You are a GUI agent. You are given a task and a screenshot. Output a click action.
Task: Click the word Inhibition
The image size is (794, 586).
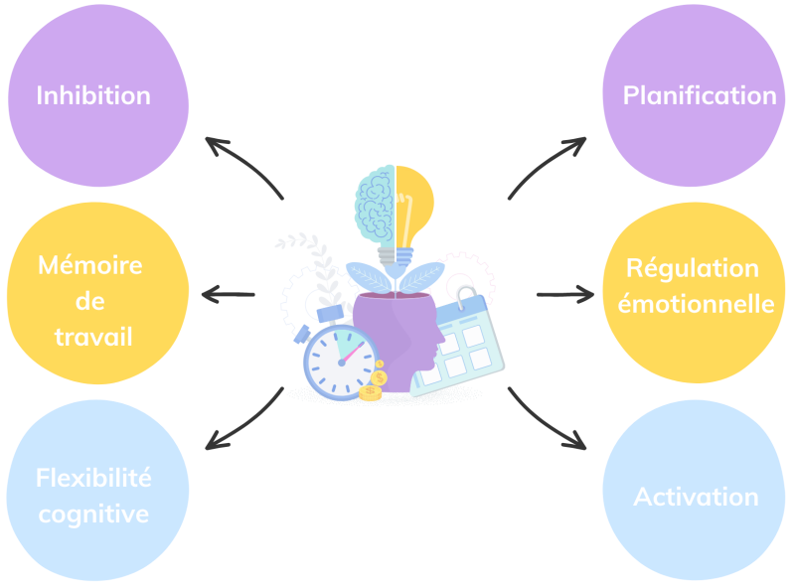point(93,95)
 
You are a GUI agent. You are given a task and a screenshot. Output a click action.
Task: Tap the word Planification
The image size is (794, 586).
point(700,95)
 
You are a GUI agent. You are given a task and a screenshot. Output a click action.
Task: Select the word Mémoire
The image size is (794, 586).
point(89,265)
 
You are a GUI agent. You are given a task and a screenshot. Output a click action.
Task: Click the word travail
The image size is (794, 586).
point(93,337)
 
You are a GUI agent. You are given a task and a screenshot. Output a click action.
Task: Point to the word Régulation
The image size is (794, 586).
point(693,268)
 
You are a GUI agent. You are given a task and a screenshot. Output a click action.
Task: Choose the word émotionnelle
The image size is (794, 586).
point(696,304)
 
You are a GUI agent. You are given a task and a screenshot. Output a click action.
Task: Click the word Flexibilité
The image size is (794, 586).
point(93,478)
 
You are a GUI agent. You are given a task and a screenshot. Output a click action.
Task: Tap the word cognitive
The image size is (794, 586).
point(93,513)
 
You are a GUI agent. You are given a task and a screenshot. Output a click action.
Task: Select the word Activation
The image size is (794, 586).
point(696,497)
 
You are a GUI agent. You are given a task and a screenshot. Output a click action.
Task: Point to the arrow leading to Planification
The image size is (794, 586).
point(548,165)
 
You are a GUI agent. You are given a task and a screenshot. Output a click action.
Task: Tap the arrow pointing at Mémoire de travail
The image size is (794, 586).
point(228,294)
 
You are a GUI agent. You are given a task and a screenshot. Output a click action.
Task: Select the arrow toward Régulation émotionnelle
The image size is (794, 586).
point(563,294)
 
